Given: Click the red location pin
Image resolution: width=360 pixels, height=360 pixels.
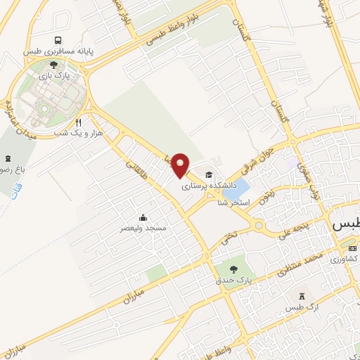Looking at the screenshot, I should click(181, 165).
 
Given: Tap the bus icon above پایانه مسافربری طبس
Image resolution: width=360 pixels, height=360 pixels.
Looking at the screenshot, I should click(56, 40).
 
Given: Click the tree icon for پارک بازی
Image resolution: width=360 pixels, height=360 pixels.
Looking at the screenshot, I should click(53, 64).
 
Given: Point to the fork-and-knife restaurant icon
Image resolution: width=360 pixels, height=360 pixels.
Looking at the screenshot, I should click(89, 122).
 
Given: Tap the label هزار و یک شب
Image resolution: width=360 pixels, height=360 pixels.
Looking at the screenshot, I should click(84, 133).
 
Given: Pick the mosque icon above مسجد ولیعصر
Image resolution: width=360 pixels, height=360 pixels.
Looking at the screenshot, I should click(143, 217).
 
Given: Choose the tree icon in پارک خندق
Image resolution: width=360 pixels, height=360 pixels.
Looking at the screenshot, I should click(233, 269).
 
